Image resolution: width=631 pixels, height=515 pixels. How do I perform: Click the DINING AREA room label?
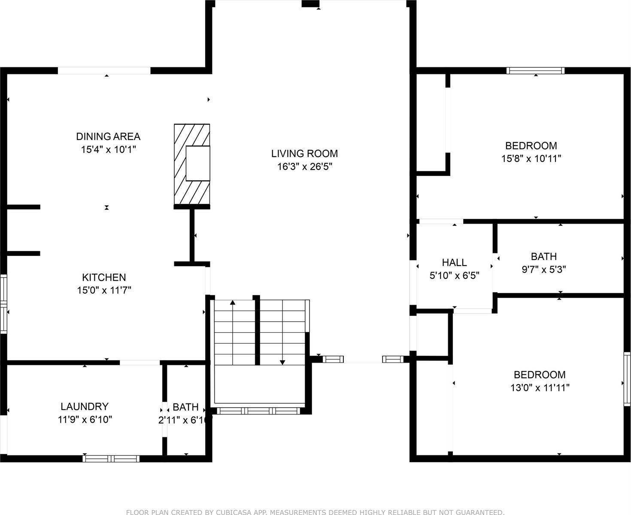(108, 136)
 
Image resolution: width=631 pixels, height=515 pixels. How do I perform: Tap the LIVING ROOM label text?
(304, 153)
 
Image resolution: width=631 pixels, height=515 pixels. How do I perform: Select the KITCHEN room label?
(104, 277)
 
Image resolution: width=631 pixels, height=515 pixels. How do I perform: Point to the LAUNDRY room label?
(85, 406)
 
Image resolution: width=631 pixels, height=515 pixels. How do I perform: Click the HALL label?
(454, 262)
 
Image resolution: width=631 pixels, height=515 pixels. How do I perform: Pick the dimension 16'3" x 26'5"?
(304, 167)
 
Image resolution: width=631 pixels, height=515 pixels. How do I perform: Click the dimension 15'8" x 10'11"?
(531, 158)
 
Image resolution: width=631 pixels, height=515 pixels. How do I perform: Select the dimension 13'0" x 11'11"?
(540, 388)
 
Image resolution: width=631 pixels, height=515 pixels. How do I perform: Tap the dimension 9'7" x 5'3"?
(544, 270)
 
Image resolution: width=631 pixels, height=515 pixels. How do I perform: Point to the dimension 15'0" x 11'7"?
(104, 291)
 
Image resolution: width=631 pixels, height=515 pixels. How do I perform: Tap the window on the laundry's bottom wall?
(111, 458)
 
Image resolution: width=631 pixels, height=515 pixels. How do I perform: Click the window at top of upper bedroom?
(535, 71)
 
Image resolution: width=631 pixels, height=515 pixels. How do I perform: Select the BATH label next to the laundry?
(185, 407)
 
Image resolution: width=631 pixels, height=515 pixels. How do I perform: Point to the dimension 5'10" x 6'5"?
(454, 276)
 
